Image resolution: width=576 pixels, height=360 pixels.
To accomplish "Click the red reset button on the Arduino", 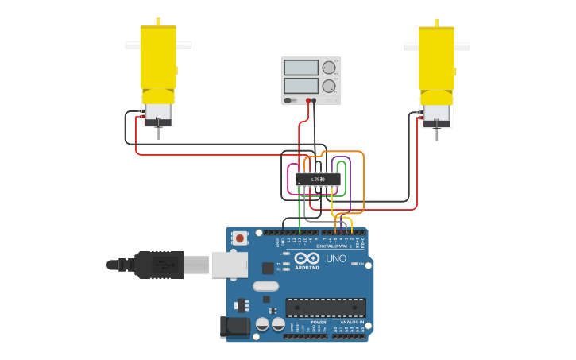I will pyautogui.click(x=239, y=238).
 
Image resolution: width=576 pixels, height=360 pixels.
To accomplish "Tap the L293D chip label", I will pyautogui.click(x=318, y=180).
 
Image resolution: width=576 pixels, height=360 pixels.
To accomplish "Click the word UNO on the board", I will pyautogui.click(x=335, y=259).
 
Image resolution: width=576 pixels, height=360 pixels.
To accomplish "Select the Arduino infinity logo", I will pyautogui.click(x=307, y=257).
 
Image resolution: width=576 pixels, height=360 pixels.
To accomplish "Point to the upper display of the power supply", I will pyautogui.click(x=300, y=68).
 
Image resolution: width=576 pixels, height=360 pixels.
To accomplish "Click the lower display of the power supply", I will pyautogui.click(x=300, y=85).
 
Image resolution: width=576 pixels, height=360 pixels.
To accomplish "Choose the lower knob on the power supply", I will pyautogui.click(x=329, y=86).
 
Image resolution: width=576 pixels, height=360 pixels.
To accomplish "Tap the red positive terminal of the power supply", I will pyautogui.click(x=308, y=100).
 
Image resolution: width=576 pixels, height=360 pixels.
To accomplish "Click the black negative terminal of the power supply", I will pyautogui.click(x=315, y=100).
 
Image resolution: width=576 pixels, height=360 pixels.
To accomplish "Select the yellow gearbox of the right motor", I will pyautogui.click(x=436, y=57).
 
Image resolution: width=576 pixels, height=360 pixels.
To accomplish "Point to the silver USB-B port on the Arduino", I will pyautogui.click(x=229, y=265).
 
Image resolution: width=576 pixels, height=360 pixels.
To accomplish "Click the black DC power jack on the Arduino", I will pyautogui.click(x=232, y=327).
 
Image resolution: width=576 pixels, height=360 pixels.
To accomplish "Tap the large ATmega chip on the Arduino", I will pyautogui.click(x=326, y=308).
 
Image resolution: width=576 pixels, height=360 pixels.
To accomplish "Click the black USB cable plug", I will pyautogui.click(x=159, y=265).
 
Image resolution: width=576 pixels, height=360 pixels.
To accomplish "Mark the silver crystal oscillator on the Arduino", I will pyautogui.click(x=266, y=285).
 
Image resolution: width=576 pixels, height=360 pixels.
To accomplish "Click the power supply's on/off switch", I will pyautogui.click(x=288, y=100).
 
